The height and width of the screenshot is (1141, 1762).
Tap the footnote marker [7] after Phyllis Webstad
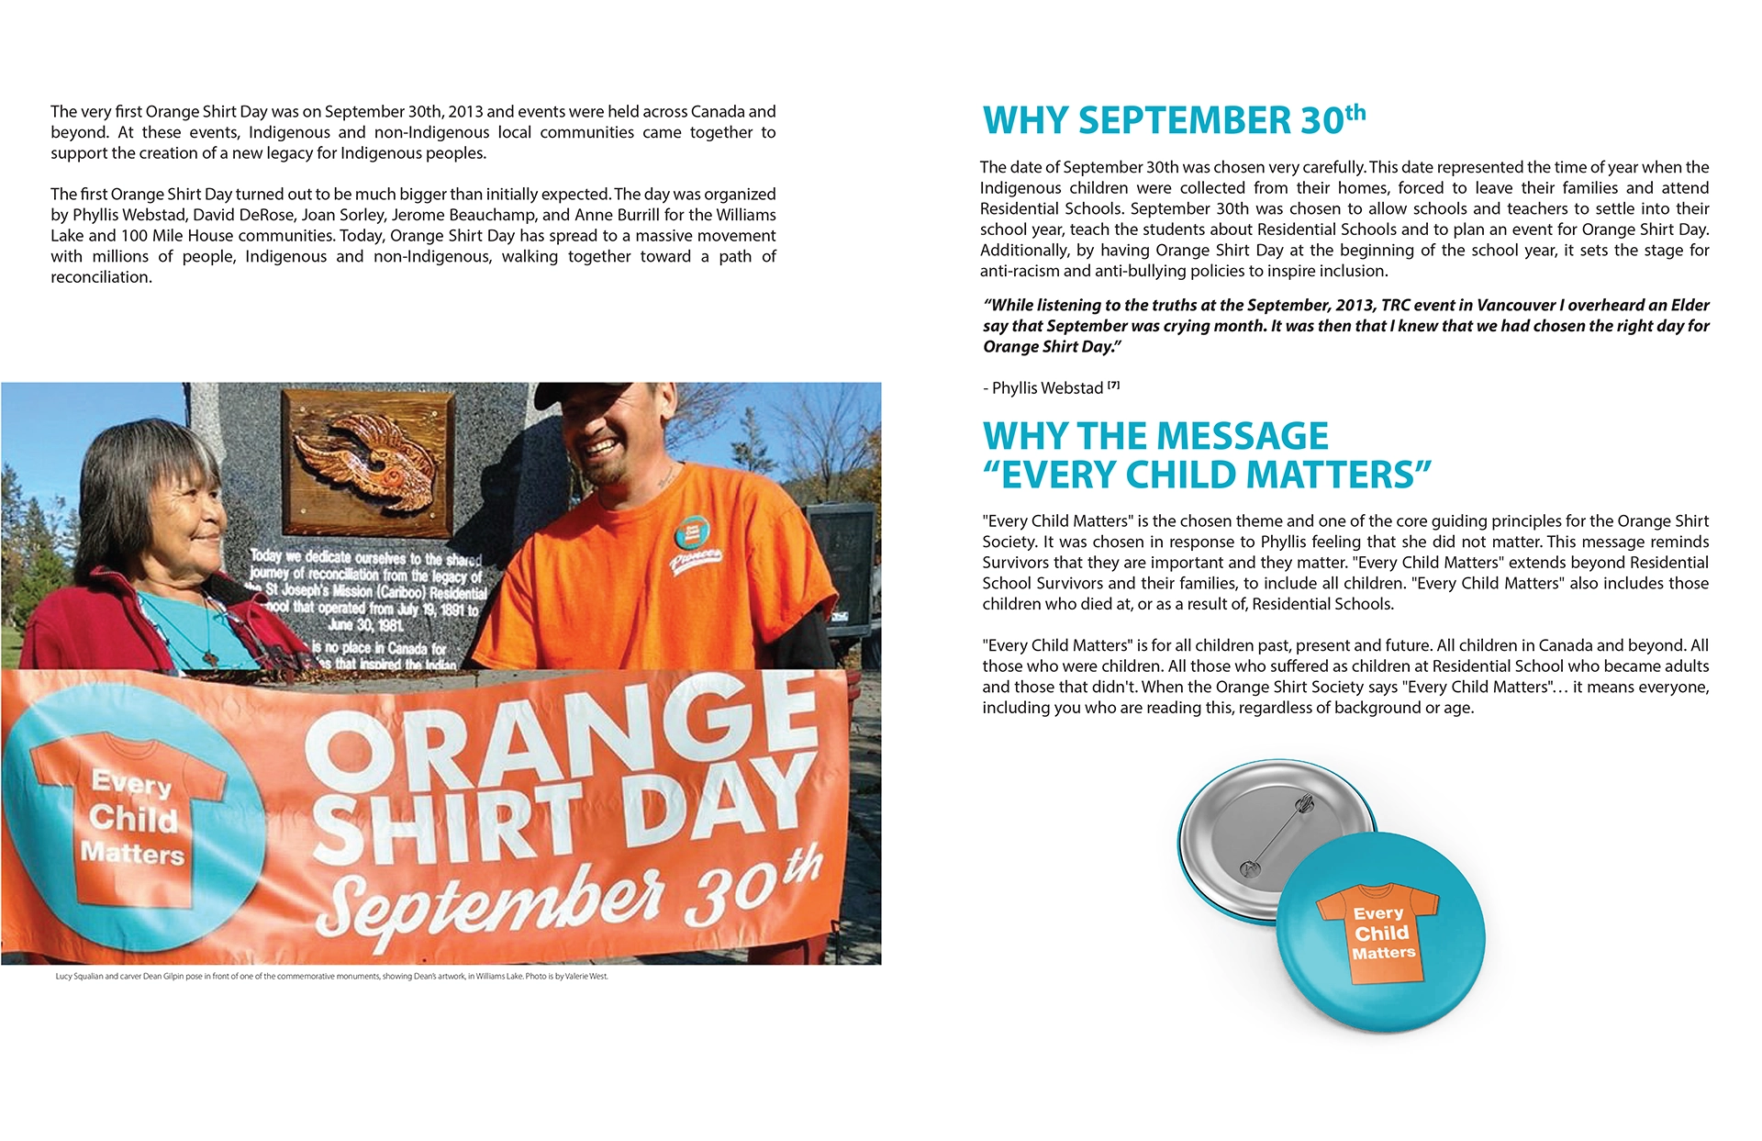[1113, 386]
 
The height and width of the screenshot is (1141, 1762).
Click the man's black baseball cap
[587, 396]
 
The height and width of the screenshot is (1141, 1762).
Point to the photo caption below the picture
[331, 976]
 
